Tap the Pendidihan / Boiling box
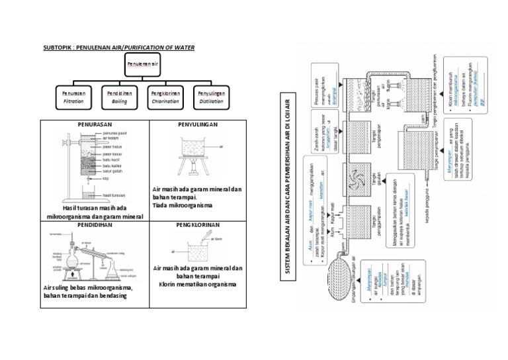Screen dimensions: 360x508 click(x=119, y=97)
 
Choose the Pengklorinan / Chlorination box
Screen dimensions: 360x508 click(x=165, y=97)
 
